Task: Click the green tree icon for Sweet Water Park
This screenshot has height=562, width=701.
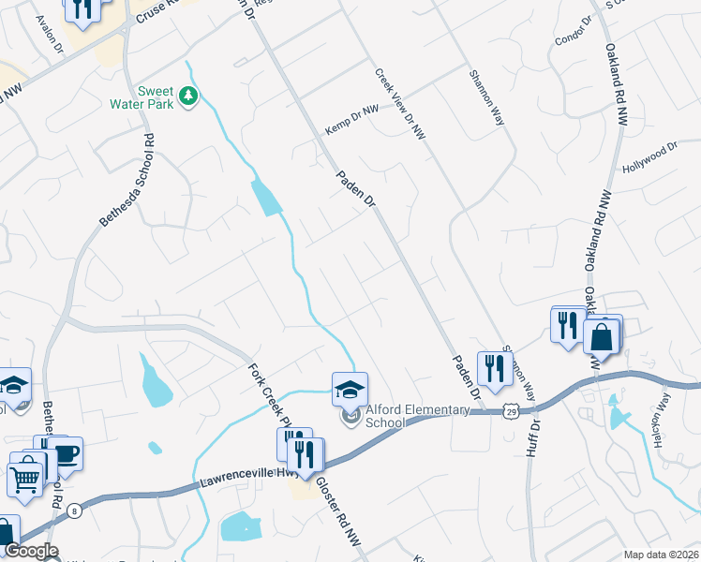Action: pyautogui.click(x=188, y=96)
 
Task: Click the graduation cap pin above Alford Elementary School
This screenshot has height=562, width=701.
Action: pyautogui.click(x=350, y=389)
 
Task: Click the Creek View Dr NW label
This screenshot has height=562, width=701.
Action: pyautogui.click(x=401, y=104)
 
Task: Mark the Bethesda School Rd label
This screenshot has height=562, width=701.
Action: pyautogui.click(x=127, y=183)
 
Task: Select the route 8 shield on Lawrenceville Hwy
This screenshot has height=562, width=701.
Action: pyautogui.click(x=74, y=506)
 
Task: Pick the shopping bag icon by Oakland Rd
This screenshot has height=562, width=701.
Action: pyautogui.click(x=601, y=334)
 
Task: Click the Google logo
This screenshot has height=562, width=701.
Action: pyautogui.click(x=31, y=551)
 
